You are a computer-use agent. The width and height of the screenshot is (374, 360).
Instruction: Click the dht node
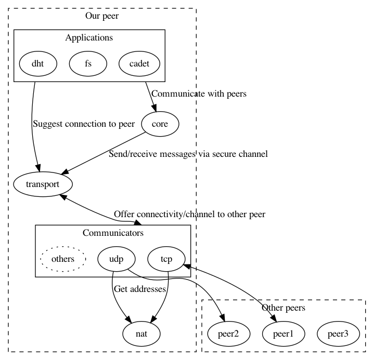point(38,64)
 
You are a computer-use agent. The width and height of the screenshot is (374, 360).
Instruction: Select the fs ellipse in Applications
point(88,64)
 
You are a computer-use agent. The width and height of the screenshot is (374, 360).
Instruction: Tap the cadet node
point(138,64)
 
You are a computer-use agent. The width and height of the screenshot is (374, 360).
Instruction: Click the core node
point(159,124)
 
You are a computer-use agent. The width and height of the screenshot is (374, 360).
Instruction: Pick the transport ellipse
point(43,184)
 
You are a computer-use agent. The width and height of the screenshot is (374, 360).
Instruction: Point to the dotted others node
point(63,258)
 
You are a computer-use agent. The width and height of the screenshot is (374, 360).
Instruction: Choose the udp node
point(117,258)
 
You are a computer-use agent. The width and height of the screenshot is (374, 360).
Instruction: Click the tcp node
point(166,258)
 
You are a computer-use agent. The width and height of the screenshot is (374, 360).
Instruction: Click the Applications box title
point(89,37)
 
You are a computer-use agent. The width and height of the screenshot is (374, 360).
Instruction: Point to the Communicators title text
point(113,232)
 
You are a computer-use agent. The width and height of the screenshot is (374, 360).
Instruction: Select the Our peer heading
point(102,16)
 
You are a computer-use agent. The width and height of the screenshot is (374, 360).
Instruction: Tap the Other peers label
point(283,308)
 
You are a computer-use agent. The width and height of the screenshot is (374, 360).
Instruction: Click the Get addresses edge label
point(139,288)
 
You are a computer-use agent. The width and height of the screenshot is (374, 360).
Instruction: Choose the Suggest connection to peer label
point(84,124)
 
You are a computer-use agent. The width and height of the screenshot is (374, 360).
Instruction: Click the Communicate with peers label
point(199,94)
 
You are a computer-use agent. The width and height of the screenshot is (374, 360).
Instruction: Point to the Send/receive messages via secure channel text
point(188,154)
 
